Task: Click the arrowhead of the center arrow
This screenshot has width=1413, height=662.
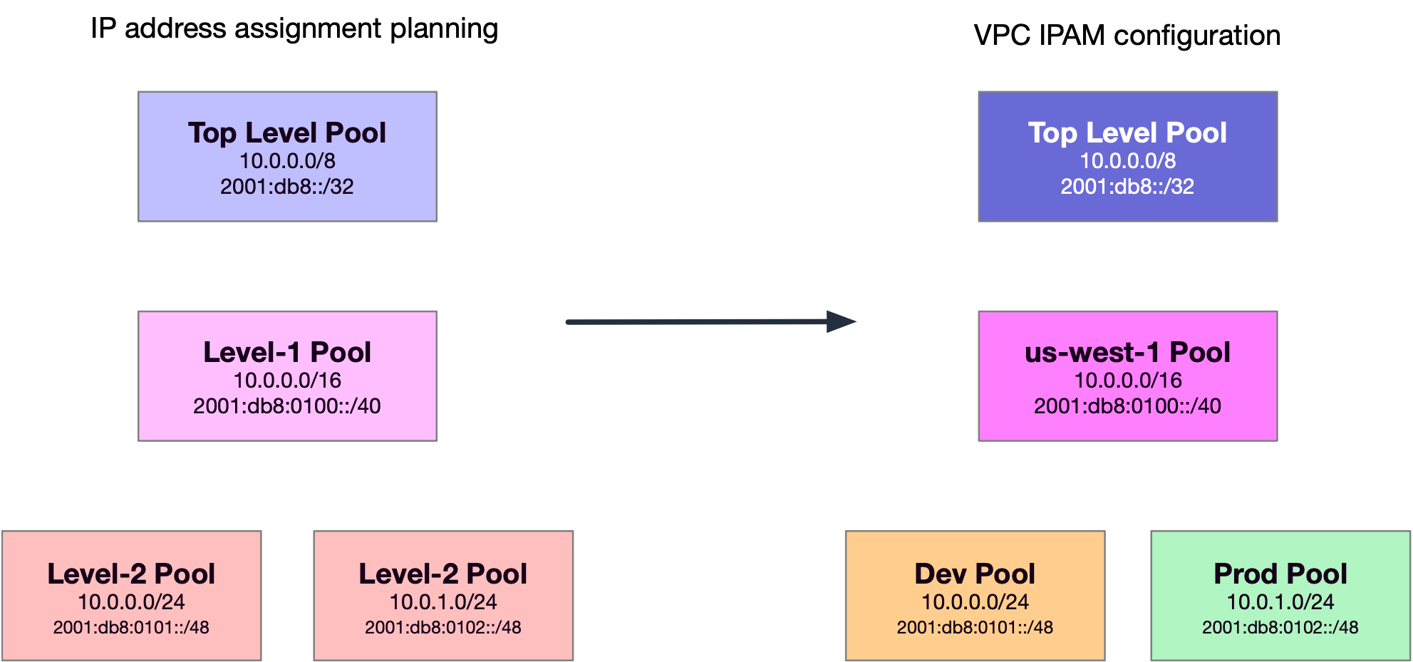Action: [x=841, y=321]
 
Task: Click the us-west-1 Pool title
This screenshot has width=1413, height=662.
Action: [x=1127, y=352]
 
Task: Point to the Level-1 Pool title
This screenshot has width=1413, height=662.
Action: [x=287, y=352]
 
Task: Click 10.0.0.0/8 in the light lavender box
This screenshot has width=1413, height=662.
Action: [x=287, y=161]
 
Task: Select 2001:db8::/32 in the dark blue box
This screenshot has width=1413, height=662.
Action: [x=1127, y=187]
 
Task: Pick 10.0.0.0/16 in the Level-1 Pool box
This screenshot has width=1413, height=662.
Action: [x=287, y=381]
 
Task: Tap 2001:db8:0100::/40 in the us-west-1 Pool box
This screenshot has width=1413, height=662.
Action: [x=1127, y=406]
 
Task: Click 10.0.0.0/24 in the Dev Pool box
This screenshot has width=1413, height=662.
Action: [x=975, y=602]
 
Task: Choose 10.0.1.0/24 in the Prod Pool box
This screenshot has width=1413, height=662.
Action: [x=1280, y=602]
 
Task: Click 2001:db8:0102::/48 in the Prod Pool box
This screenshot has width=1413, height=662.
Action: [x=1280, y=628]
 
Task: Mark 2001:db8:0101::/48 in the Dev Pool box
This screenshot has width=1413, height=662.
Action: [x=975, y=628]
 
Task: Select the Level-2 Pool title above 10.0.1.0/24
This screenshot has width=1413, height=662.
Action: [x=443, y=574]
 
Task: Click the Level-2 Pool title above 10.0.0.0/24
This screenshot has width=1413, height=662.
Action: [x=131, y=574]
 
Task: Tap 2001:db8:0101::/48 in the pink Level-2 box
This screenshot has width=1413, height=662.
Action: [x=131, y=628]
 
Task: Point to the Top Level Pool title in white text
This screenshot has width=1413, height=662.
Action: [x=1127, y=133]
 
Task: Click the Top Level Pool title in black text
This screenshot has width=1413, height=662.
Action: [x=287, y=133]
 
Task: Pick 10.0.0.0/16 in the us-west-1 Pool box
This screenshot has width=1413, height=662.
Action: [x=1127, y=381]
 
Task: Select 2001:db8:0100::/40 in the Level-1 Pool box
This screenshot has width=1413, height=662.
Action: [x=287, y=406]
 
